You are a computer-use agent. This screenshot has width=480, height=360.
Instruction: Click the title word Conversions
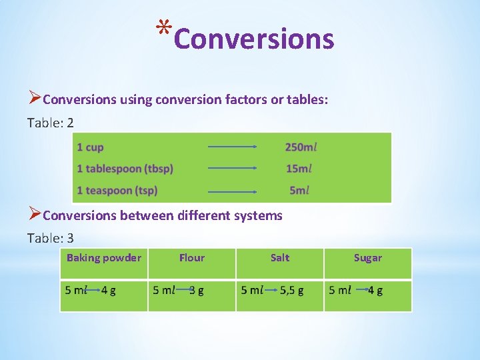point(253,39)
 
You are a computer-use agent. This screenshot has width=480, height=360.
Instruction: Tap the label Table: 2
point(51,123)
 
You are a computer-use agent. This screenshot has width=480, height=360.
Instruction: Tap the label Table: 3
point(51,238)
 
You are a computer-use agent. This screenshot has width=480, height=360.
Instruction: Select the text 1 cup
point(90,147)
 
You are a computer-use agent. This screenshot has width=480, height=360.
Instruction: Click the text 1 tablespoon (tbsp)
point(125,169)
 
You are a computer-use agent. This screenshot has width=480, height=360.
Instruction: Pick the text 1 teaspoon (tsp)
point(117,191)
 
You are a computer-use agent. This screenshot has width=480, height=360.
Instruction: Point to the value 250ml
point(301,147)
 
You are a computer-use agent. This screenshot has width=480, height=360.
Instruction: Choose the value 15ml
point(299,169)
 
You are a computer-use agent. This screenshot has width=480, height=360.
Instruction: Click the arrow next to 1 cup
point(232,147)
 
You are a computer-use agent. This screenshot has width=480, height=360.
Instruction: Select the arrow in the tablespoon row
point(232,169)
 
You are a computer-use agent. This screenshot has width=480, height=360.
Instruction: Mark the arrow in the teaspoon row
point(232,191)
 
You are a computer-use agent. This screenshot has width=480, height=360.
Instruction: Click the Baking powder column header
point(104,258)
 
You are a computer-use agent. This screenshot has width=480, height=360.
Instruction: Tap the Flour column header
point(192,258)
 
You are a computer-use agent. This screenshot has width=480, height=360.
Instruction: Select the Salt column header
point(280,258)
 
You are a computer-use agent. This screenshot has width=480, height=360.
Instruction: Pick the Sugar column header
point(368,258)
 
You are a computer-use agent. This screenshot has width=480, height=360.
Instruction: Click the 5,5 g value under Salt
point(291,290)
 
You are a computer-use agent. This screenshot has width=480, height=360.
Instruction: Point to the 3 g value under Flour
point(197,290)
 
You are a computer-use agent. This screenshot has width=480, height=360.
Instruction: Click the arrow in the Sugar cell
point(361,290)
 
